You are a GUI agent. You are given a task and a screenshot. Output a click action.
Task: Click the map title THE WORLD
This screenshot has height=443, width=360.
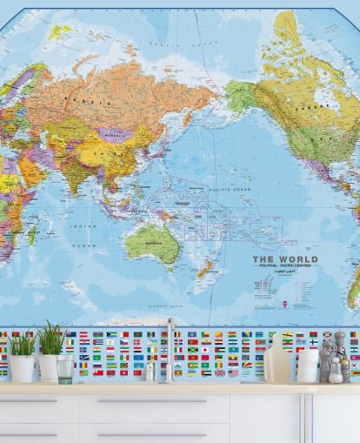284,258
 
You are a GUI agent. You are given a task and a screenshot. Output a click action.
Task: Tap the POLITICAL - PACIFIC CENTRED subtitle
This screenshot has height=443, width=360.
284,266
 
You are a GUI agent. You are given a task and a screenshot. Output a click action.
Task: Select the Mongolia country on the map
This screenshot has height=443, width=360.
115,135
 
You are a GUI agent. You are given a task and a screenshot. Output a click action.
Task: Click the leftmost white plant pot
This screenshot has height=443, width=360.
22,367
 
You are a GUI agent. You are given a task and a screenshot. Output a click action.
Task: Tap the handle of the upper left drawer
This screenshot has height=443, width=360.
29,401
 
